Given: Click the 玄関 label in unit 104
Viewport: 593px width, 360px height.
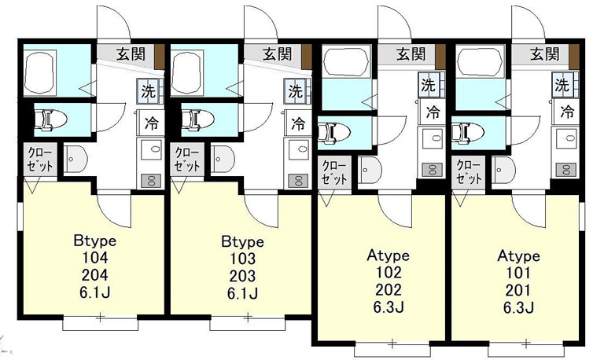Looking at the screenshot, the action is [131, 54].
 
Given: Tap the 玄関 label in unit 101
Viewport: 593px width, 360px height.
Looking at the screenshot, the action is [544, 54].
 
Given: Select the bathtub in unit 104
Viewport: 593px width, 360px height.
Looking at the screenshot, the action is [40, 72].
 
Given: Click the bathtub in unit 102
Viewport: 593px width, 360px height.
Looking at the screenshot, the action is [346, 61].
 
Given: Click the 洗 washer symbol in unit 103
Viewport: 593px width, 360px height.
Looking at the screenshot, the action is [296, 91].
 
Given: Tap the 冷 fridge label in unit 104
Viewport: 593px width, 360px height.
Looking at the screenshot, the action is [151, 123].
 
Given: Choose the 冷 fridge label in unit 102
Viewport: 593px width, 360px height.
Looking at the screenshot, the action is [433, 112].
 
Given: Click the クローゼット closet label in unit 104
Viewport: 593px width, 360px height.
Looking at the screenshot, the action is [40, 160].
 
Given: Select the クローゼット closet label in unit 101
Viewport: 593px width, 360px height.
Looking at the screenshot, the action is [469, 172].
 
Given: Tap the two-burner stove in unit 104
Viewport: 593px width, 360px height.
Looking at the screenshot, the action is [151, 181].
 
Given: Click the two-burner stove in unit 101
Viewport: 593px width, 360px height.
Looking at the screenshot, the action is [566, 169].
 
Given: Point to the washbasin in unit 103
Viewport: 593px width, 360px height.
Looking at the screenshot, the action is [223, 159].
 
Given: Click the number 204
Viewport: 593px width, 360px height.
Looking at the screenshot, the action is [94, 275].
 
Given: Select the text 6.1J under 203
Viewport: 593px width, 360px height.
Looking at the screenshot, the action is [242, 293].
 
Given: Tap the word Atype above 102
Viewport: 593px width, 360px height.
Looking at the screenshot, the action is [388, 256].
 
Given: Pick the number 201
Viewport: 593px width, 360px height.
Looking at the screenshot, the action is [517, 290].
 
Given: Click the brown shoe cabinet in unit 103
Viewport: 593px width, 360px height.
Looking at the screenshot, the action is [307, 57].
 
